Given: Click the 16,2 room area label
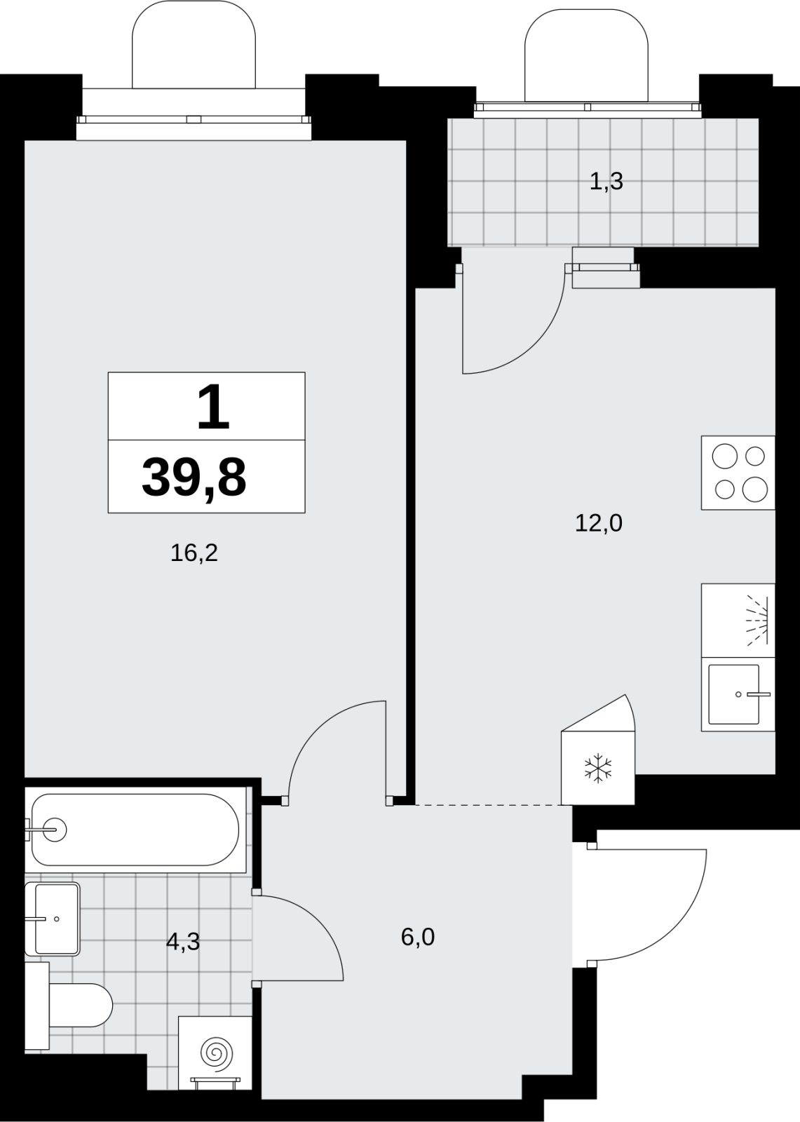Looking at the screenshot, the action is (x=194, y=553).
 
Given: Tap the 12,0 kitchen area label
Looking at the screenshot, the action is (x=599, y=523).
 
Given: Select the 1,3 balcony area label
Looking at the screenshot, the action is (x=606, y=182).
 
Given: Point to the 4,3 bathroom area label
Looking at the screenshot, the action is (x=183, y=942).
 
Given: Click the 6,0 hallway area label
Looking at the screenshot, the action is (x=418, y=937).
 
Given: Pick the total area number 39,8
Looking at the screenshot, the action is (x=194, y=478).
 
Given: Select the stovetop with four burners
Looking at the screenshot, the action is (x=738, y=473).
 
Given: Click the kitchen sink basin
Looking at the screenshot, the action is (x=734, y=694).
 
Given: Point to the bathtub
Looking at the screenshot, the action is (x=135, y=830).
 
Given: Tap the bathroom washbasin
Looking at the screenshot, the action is (x=53, y=919).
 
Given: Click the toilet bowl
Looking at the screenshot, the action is (x=80, y=1005).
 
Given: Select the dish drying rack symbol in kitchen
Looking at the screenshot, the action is (x=757, y=621).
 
